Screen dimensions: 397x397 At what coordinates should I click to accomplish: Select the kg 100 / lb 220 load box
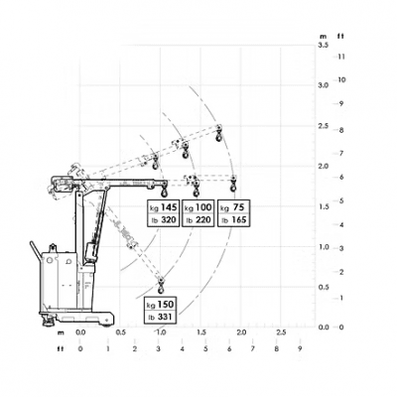(x=198, y=212)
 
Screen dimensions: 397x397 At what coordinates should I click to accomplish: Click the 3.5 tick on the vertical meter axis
(x=324, y=46)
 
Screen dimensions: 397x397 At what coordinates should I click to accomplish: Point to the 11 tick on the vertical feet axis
(x=341, y=56)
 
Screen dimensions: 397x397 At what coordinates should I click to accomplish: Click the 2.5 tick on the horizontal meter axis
(x=281, y=332)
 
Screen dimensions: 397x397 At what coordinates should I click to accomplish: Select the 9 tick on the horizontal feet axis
(x=300, y=348)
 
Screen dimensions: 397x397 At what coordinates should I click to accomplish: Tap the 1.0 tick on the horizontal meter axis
(x=160, y=332)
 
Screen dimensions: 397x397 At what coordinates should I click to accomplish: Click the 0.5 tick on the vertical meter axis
(x=324, y=287)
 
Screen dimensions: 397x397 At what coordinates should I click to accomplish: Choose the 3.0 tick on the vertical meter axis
(x=324, y=85)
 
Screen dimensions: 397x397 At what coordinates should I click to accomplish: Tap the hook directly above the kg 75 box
(x=234, y=184)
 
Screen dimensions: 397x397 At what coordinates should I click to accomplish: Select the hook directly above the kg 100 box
(x=197, y=184)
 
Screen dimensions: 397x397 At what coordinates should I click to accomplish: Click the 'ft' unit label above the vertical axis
(x=341, y=36)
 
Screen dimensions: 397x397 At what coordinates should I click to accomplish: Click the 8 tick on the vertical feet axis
(x=341, y=129)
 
